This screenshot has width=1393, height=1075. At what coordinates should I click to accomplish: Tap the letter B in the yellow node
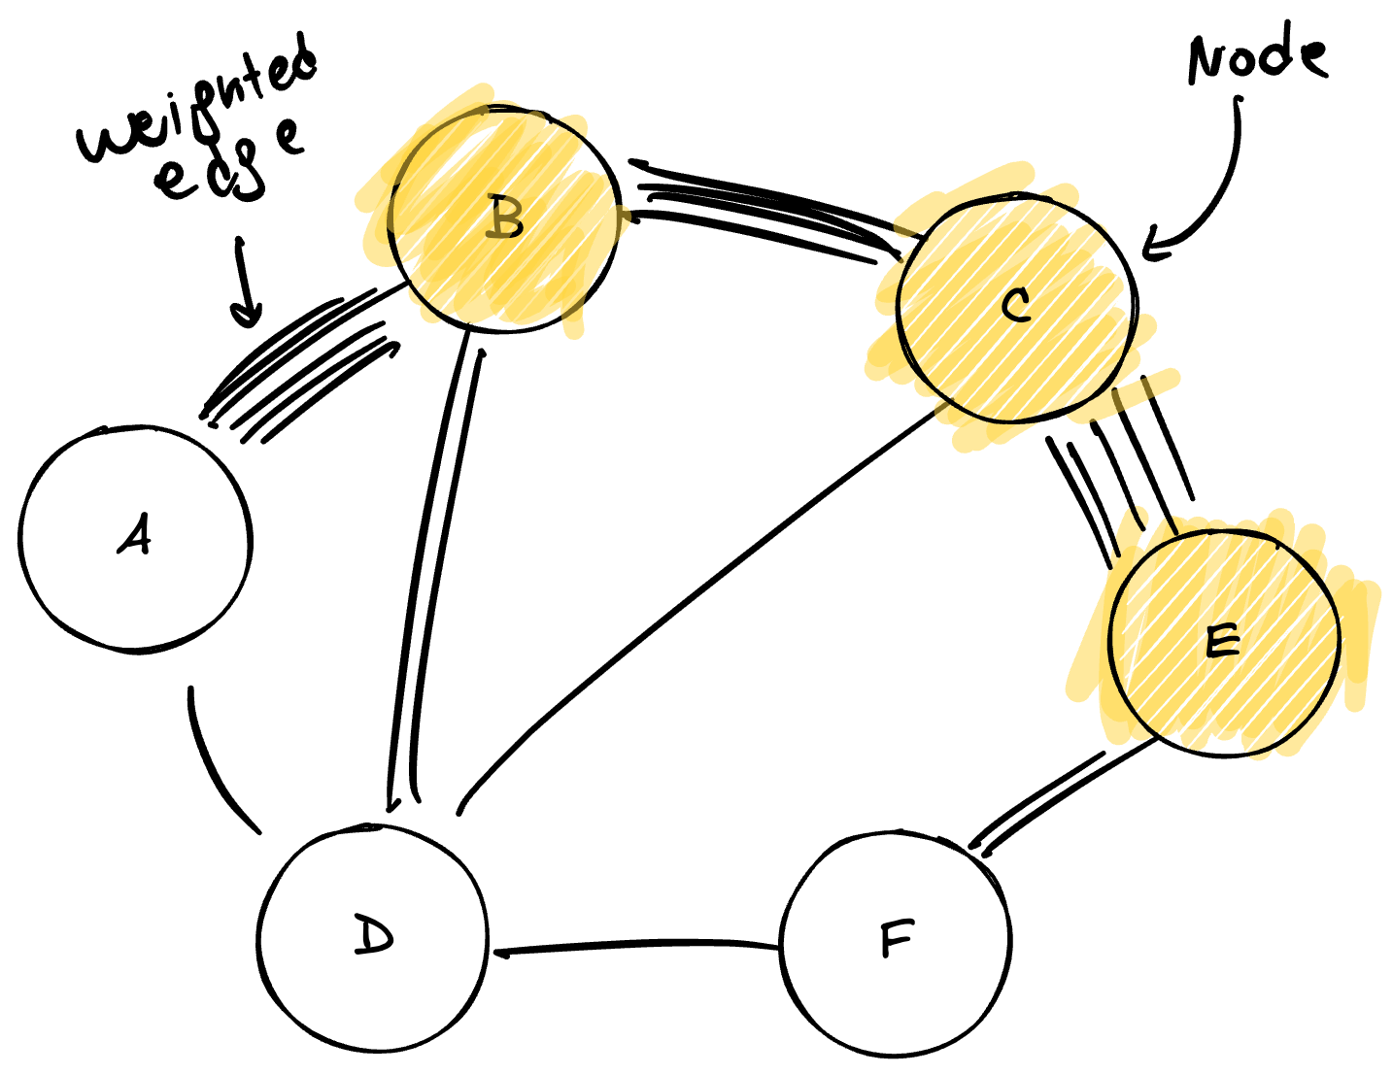pos(505,218)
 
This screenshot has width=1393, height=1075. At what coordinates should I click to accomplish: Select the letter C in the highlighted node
pos(1015,307)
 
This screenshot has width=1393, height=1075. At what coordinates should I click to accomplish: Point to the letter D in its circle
pos(372,935)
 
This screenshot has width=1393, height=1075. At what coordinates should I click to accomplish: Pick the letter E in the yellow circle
pos(1222,642)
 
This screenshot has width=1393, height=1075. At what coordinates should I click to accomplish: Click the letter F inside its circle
pos(896,939)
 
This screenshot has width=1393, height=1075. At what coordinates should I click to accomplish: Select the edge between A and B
pos(301,365)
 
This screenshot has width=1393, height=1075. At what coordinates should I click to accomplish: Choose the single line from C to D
pos(699,602)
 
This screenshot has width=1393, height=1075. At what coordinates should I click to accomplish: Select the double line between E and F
pos(1064,792)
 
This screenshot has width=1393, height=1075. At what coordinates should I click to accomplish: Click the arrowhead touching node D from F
pos(503,953)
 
